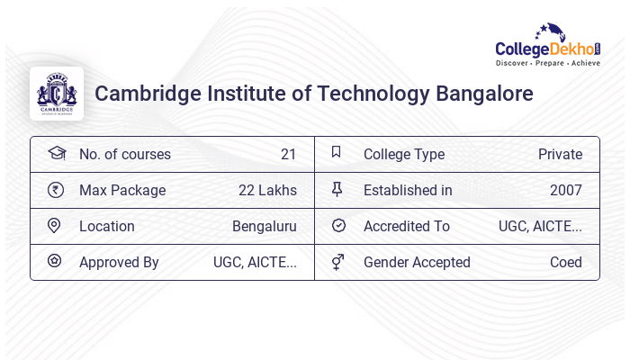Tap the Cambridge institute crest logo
(57, 93)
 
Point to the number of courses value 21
(288, 154)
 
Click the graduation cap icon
(56, 153)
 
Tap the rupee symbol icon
(56, 190)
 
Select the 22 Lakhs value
(267, 190)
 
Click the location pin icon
(55, 226)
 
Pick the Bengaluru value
(264, 226)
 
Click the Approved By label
(119, 262)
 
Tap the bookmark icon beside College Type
(336, 153)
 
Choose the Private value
(560, 154)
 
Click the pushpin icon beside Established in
(337, 190)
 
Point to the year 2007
(565, 190)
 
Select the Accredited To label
(406, 226)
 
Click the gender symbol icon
(337, 262)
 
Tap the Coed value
(565, 262)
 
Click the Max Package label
(122, 190)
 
